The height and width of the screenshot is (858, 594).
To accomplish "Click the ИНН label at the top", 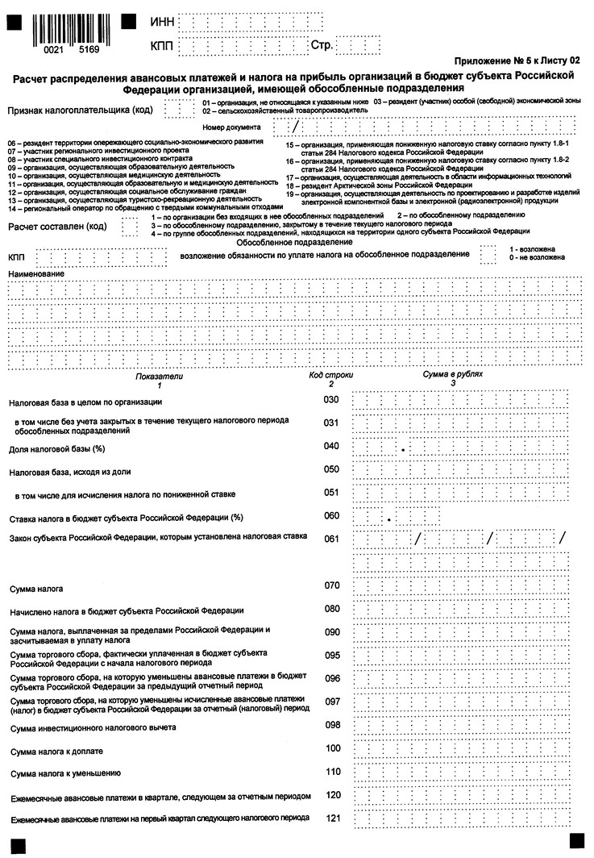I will point(162,21).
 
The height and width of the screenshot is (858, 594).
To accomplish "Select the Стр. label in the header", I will point(322,46).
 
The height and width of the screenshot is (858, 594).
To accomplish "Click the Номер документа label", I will point(232,127).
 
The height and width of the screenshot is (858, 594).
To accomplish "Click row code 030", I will point(330,400).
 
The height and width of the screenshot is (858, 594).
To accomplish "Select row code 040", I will point(330,446).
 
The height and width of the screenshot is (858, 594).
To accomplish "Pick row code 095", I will point(330,655).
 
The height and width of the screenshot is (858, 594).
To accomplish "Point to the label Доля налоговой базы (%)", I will point(57,448).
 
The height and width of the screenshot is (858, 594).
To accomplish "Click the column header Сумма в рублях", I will point(452,376).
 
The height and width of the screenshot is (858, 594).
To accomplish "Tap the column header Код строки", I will point(330,376).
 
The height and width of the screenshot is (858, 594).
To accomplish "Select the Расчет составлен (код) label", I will point(57,227).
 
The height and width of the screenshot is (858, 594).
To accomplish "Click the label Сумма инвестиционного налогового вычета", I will point(93,728).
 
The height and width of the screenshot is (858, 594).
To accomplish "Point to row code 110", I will point(330,772).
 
